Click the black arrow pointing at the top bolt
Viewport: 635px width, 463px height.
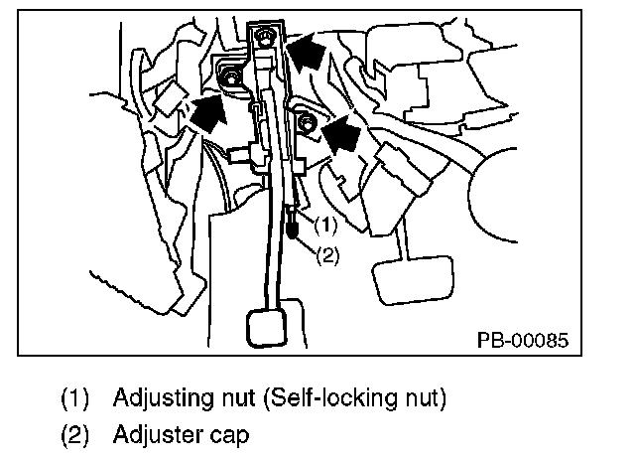point(308,53)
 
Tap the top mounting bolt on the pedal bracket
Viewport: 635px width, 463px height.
point(263,38)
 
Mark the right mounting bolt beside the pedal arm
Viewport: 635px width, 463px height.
point(307,123)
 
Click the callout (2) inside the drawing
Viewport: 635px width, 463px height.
point(328,254)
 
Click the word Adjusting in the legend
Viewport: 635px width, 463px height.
point(152,399)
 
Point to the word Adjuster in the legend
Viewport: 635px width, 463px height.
point(149,434)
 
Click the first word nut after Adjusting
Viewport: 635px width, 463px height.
point(217,399)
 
